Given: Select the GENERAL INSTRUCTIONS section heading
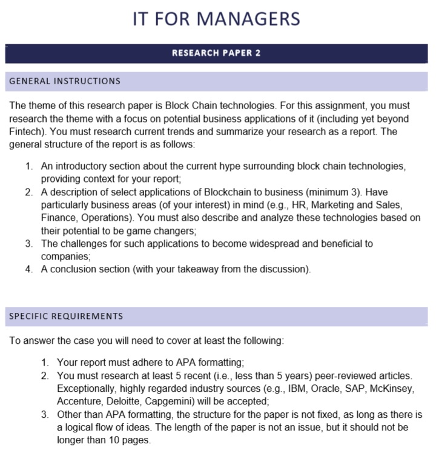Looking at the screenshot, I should [65, 81].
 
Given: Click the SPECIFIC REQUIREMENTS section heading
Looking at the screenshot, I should [66, 316].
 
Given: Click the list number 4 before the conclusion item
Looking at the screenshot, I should [29, 269].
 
